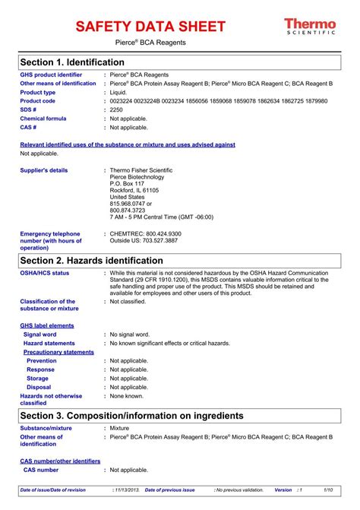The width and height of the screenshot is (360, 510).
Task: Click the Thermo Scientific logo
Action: pyautogui.click(x=310, y=27)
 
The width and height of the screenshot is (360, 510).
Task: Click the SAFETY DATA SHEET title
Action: pyautogui.click(x=151, y=27)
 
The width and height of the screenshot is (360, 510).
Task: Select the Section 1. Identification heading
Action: pyautogui.click(x=72, y=62)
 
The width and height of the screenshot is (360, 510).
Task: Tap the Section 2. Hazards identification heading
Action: pyautogui.click(x=102, y=260)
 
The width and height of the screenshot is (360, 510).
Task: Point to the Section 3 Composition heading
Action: pyautogui.click(x=131, y=416)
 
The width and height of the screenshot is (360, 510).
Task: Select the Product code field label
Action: pyautogui.click(x=38, y=100)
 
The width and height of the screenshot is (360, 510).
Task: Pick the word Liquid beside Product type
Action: pyautogui.click(x=119, y=92)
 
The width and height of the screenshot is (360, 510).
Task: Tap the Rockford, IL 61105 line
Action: pyautogui.click(x=134, y=190)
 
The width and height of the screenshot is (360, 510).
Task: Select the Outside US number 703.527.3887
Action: pyautogui.click(x=162, y=240)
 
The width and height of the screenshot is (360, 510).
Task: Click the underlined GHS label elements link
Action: pyautogui.click(x=47, y=325)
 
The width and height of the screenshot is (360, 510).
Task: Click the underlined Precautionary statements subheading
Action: pyautogui.click(x=58, y=352)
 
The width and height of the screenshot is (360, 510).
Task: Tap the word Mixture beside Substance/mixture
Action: pyautogui.click(x=120, y=429)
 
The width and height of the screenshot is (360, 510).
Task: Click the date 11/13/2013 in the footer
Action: pyautogui.click(x=125, y=490)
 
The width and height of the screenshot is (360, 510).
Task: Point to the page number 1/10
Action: pyautogui.click(x=329, y=490)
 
